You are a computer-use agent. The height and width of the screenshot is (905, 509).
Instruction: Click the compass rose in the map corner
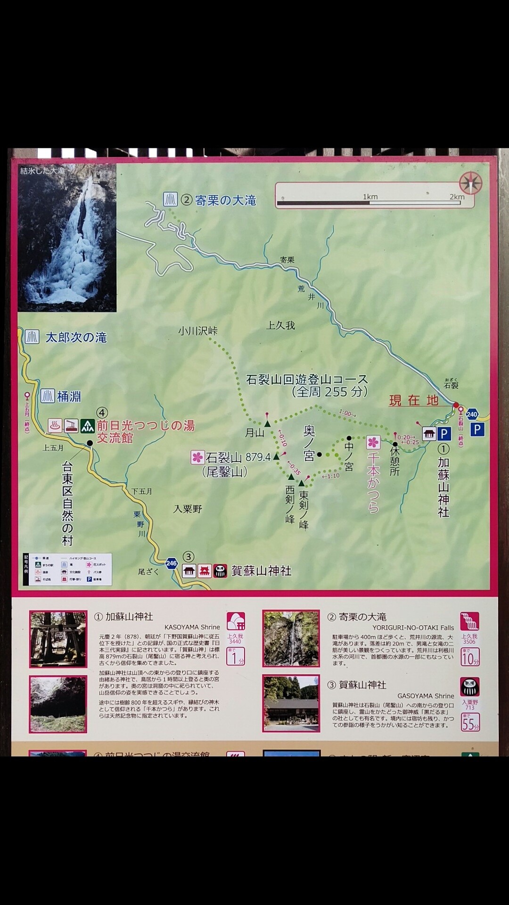point(470,183)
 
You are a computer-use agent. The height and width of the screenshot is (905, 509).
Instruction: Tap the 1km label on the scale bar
point(370,197)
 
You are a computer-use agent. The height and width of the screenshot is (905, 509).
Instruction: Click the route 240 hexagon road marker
point(472,414)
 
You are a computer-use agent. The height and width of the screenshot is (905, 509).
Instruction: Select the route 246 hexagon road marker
point(172,563)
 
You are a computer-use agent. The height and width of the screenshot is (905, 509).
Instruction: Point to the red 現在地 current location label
point(414,401)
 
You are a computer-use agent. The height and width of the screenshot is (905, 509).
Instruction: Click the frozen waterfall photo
point(67,238)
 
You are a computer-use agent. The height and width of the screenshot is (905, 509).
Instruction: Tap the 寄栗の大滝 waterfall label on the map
point(225,200)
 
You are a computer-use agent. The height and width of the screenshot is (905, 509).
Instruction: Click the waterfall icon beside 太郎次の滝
point(32,337)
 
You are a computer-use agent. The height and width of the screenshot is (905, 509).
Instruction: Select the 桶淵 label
point(69,396)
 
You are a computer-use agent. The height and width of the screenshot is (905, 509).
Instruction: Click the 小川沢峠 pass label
point(197,331)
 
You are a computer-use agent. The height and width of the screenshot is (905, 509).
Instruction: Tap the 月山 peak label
point(254,433)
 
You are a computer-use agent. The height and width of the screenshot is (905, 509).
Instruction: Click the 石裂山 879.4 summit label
point(238,457)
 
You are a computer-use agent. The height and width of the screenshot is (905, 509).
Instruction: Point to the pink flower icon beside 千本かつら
point(373,442)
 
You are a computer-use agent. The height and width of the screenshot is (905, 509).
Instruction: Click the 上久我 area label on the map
point(280,325)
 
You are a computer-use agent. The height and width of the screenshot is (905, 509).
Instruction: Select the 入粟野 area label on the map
point(188,509)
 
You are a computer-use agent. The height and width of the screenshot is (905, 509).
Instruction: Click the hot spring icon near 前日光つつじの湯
point(55,426)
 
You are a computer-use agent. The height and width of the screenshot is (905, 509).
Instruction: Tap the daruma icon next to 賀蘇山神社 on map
point(220,571)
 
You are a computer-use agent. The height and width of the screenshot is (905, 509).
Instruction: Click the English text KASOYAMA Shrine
point(192,627)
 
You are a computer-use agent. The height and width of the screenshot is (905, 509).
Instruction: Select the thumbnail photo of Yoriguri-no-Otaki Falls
point(291,639)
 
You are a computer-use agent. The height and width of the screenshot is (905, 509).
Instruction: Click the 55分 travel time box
point(470,723)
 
